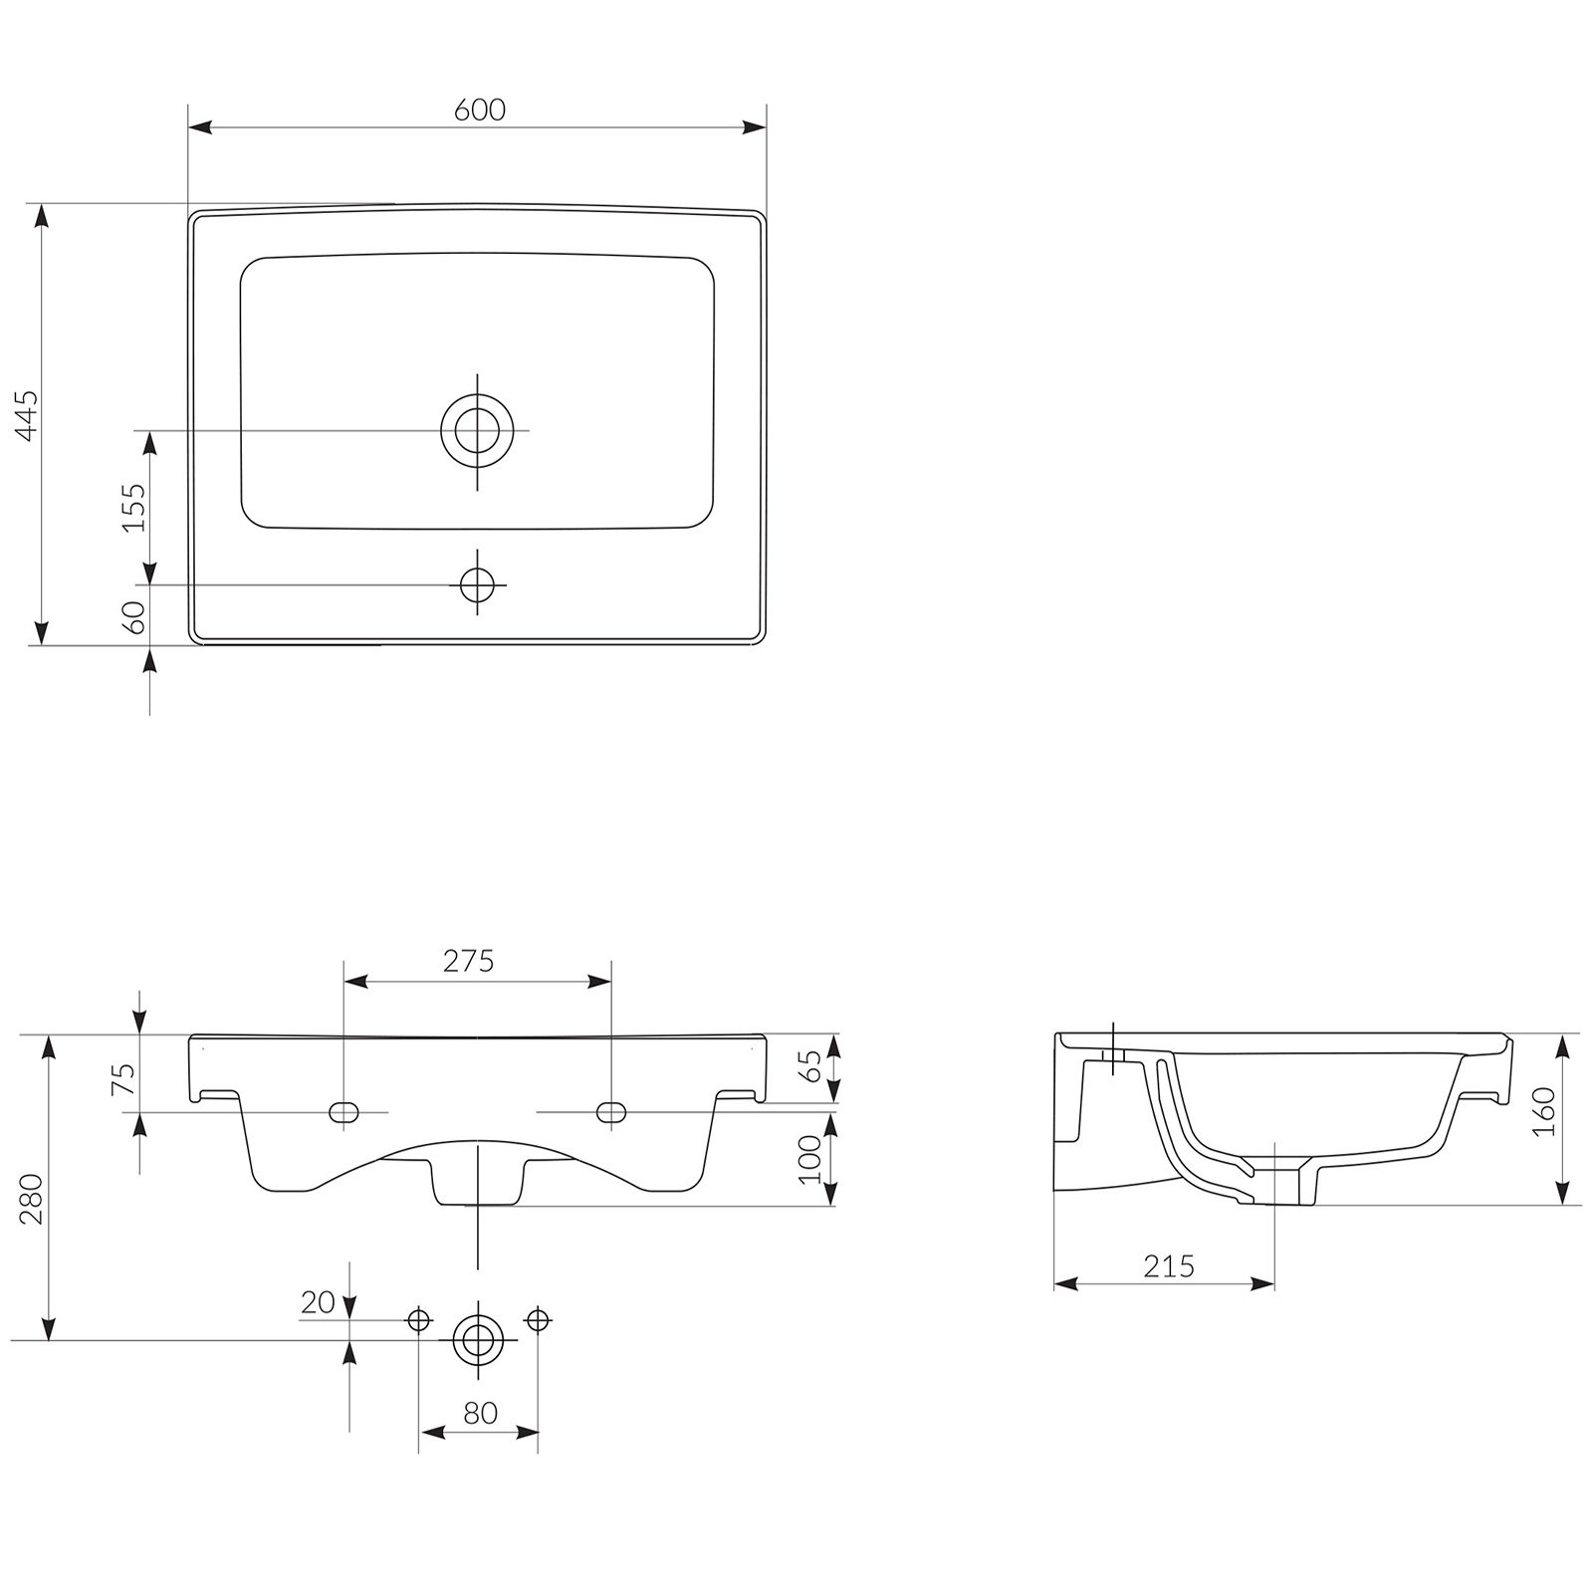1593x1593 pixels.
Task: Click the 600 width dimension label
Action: [480, 110]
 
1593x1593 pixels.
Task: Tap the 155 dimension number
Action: [133, 507]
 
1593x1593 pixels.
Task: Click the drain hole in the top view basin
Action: [477, 431]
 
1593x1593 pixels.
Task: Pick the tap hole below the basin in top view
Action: [477, 584]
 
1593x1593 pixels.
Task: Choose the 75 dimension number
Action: [122, 1079]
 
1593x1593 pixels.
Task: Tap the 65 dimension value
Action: [811, 1066]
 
